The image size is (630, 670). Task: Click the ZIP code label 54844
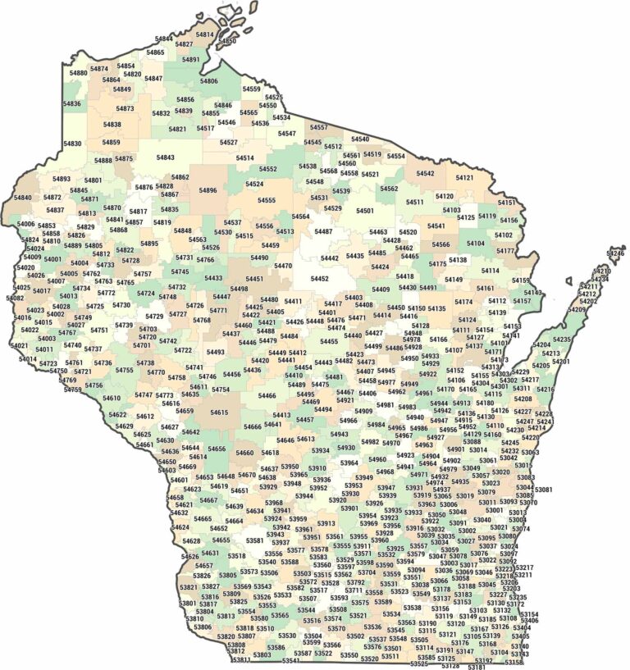pyautogui.click(x=164, y=39)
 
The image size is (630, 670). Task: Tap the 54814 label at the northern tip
pyautogui.click(x=204, y=34)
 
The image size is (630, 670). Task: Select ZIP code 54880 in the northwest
pyautogui.click(x=78, y=73)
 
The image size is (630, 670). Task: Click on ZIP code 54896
pyautogui.click(x=208, y=190)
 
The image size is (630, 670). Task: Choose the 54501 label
pyautogui.click(x=365, y=211)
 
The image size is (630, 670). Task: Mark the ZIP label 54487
pyautogui.click(x=323, y=231)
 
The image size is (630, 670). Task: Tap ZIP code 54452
pyautogui.click(x=319, y=279)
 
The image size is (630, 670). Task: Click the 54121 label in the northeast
pyautogui.click(x=464, y=178)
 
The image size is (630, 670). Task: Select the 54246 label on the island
pyautogui.click(x=615, y=254)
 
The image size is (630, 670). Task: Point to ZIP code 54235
pyautogui.click(x=561, y=339)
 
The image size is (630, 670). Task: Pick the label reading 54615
pyautogui.click(x=219, y=412)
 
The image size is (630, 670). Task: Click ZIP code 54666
pyautogui.click(x=252, y=426)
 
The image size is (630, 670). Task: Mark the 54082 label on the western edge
pyautogui.click(x=15, y=299)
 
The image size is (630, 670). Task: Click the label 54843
pyautogui.click(x=165, y=157)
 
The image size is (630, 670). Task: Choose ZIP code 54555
pyautogui.click(x=267, y=200)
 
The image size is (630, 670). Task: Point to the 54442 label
pyautogui.click(x=330, y=258)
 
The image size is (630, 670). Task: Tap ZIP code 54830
pyautogui.click(x=72, y=144)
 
